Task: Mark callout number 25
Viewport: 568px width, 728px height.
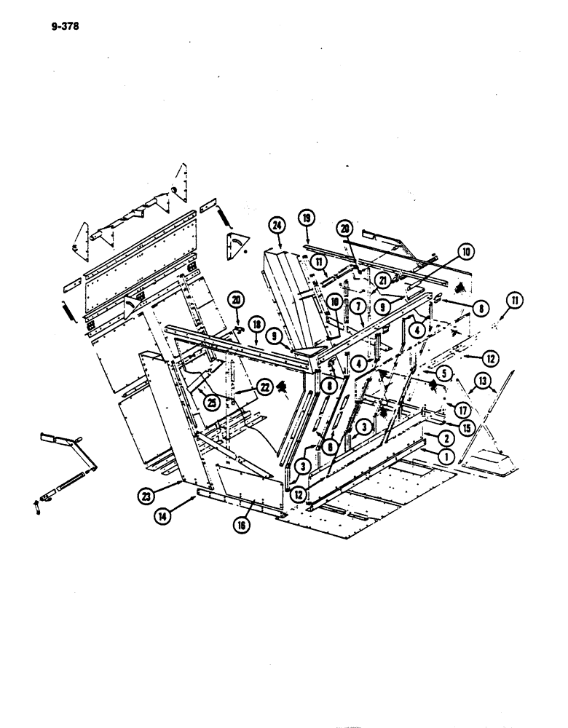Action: coord(212,402)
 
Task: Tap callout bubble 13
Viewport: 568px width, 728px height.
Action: coord(483,380)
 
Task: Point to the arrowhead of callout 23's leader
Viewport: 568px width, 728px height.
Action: coord(180,480)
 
